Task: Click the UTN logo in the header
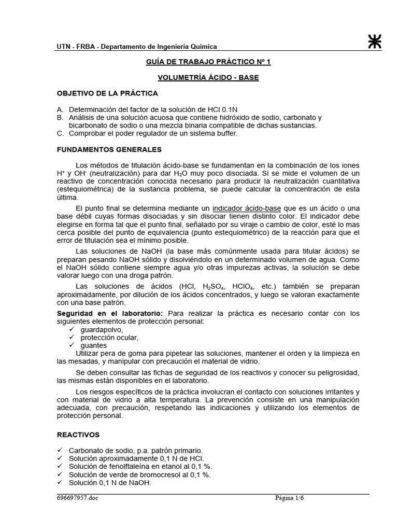point(374,43)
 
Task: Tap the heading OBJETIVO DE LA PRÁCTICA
point(107,93)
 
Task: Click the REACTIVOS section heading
point(78,435)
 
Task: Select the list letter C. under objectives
point(60,133)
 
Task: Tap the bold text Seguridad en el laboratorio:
point(110,313)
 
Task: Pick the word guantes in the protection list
point(94,345)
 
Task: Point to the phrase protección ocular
point(109,338)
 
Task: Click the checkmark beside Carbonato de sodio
point(60,451)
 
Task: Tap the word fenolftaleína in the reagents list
point(126,467)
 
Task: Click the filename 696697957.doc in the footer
point(77,499)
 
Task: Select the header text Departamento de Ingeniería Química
point(159,47)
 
